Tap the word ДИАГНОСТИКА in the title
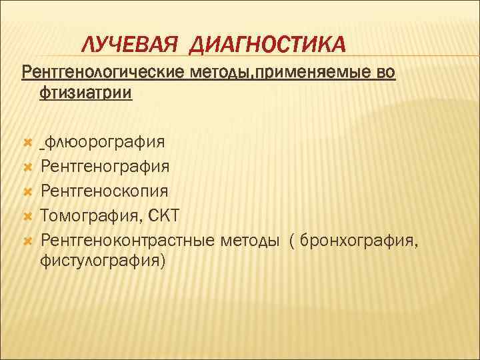(x=267, y=45)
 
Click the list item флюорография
(x=105, y=142)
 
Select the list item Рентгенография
(x=105, y=167)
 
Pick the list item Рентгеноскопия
(x=104, y=191)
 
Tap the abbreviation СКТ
(x=165, y=215)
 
